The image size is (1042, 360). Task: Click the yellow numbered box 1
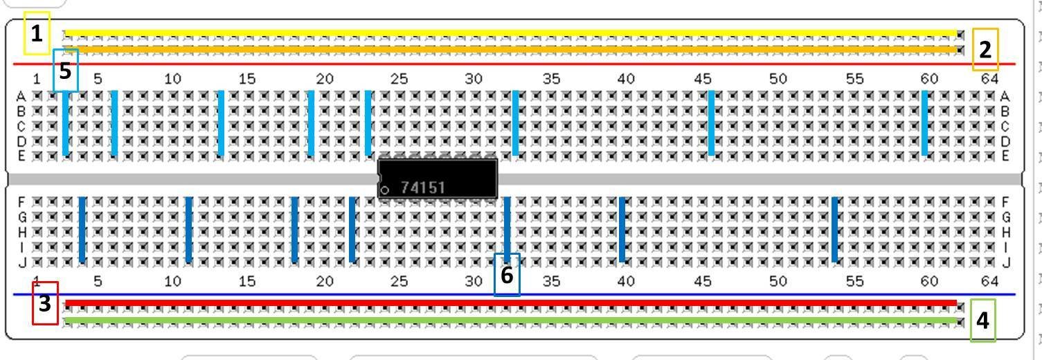[x=37, y=33]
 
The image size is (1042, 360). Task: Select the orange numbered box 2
[x=985, y=49]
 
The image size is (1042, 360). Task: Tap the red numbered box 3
[x=45, y=303]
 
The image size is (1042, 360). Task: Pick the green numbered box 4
[x=982, y=320]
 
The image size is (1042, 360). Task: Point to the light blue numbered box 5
[x=66, y=70]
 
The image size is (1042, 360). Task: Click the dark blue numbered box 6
[x=507, y=275]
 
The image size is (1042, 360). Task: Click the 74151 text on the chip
[x=422, y=188]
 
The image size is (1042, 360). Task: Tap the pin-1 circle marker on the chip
[x=385, y=190]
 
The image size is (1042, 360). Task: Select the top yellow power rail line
[x=512, y=33]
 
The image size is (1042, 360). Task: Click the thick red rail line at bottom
[x=512, y=303]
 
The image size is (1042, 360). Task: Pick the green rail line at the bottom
[x=512, y=321]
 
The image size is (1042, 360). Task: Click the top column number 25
[x=399, y=79]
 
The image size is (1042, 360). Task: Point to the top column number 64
[x=990, y=79]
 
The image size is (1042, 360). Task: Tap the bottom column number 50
[x=778, y=280]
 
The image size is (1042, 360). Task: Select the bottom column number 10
[x=172, y=280]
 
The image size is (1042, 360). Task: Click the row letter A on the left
[x=21, y=96]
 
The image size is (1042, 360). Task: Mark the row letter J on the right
[x=1006, y=262]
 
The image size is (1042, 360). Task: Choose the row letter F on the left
[x=21, y=201]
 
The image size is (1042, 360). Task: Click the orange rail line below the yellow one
[x=512, y=49]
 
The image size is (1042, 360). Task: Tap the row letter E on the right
[x=1006, y=156]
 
